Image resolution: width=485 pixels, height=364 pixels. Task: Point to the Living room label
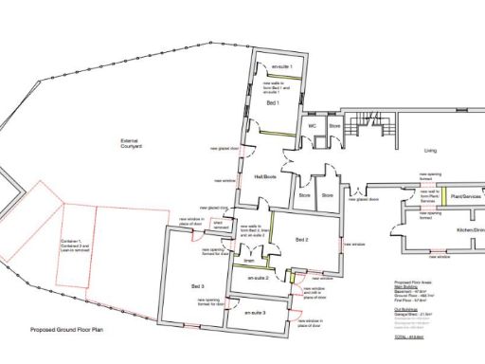431,151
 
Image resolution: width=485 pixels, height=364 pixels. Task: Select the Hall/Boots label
265,175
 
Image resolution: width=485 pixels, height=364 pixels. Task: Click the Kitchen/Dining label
470,230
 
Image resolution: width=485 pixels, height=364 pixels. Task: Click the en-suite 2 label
260,279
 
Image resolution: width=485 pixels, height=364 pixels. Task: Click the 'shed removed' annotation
220,226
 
